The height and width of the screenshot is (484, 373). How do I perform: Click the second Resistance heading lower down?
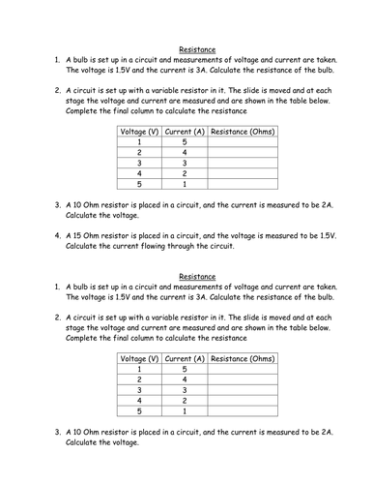coord(197,276)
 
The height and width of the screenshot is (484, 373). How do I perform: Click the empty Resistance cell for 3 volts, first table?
coord(243,166)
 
